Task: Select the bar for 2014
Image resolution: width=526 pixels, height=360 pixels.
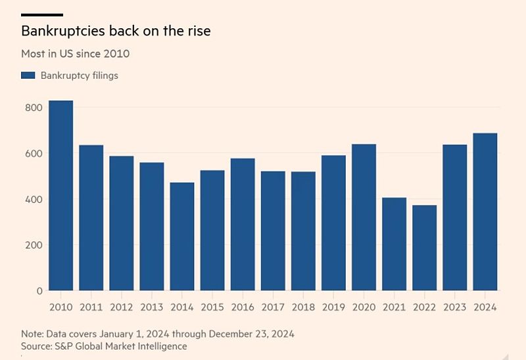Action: pyautogui.click(x=182, y=236)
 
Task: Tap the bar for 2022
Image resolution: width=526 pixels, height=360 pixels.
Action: pyautogui.click(x=425, y=248)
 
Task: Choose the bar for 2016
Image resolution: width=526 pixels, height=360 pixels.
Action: pyautogui.click(x=243, y=224)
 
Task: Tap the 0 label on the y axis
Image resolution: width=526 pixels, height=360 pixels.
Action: pyautogui.click(x=40, y=290)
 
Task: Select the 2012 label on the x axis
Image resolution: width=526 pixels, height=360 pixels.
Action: pyautogui.click(x=121, y=307)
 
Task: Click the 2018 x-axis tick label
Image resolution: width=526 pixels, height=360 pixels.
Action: pyautogui.click(x=303, y=307)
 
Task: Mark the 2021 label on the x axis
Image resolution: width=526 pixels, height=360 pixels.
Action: pyautogui.click(x=394, y=307)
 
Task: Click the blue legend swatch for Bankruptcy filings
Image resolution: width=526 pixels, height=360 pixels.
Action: pyautogui.click(x=28, y=76)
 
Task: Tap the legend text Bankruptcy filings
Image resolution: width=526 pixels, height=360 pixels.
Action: pyautogui.click(x=79, y=76)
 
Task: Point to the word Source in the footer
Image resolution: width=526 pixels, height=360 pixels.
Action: pyautogui.click(x=37, y=346)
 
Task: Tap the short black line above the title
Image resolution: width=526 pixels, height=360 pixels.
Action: pyautogui.click(x=42, y=14)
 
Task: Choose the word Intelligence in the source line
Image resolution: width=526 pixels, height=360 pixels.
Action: pyautogui.click(x=160, y=346)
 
